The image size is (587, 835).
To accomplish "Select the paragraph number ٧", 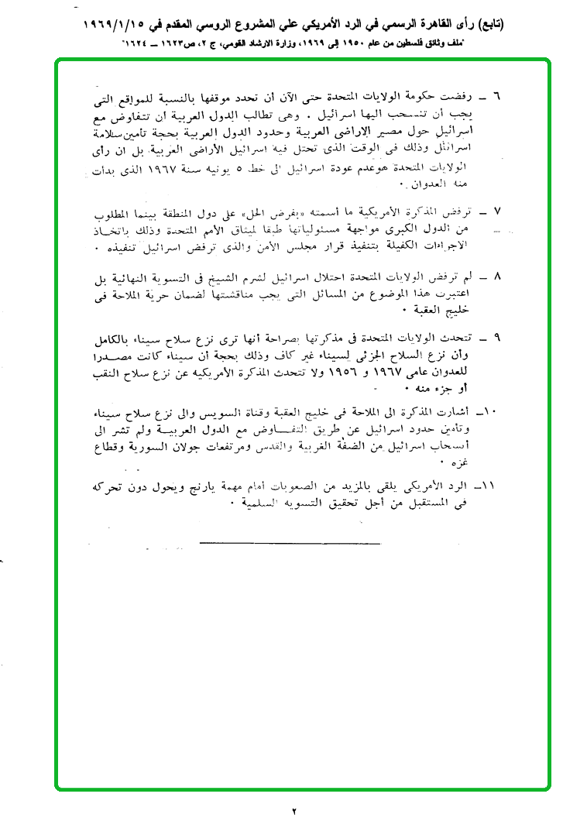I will [497, 212].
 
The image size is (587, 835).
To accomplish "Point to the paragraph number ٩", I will [497, 338].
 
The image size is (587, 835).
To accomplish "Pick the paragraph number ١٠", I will [493, 408].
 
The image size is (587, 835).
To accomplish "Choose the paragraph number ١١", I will [493, 486].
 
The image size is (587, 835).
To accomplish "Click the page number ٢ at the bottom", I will [294, 812].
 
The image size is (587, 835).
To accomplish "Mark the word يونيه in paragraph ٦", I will [221, 170].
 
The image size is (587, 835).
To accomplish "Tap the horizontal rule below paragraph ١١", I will [290, 541].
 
